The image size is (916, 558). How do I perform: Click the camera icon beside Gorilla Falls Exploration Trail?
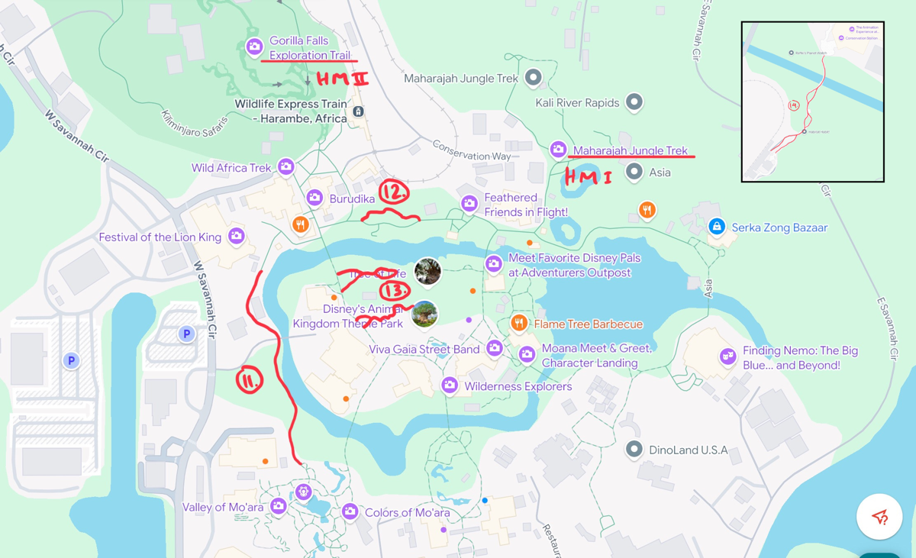254,47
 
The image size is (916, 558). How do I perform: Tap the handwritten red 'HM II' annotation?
342,79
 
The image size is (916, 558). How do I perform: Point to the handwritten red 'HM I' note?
587,178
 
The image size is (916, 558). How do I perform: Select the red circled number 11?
250,379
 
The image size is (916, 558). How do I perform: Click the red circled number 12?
394,192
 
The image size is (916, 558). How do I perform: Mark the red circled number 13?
395,290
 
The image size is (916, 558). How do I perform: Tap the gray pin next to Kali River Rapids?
634,102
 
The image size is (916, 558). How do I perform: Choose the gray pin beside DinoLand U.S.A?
634,449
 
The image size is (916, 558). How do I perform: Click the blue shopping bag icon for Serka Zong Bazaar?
716,227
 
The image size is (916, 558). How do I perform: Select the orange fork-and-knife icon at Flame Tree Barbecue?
519,324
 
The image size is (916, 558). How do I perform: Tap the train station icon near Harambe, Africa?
357,111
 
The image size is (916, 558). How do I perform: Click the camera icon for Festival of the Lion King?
237,237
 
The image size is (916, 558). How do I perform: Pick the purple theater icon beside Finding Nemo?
727,356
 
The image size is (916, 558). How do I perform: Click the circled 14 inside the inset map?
794,105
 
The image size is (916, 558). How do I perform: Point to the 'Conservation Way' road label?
471,150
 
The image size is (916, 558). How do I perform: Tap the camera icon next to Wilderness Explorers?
450,385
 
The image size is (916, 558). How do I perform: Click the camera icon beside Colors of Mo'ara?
350,511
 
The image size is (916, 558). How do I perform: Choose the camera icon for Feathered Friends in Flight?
469,203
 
